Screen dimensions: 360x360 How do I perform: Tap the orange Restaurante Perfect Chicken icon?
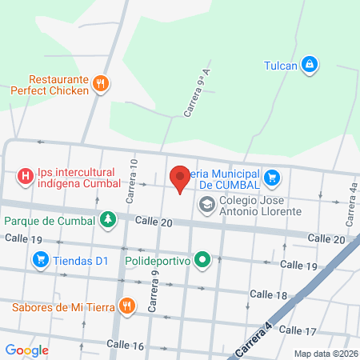coord(100,83)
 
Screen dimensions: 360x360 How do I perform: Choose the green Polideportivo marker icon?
coord(203,259)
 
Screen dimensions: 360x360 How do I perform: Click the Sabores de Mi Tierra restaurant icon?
coord(126,305)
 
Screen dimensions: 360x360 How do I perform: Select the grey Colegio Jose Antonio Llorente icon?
coord(207,206)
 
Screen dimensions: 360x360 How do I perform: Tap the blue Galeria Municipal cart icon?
coord(273,177)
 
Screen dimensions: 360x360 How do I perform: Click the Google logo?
coord(26,350)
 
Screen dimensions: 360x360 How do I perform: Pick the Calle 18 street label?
coord(268,295)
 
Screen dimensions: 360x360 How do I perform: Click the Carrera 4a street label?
coord(352,206)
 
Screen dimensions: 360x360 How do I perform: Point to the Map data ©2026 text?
coord(325,354)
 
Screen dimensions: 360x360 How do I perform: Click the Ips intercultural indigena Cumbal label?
coord(74,177)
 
